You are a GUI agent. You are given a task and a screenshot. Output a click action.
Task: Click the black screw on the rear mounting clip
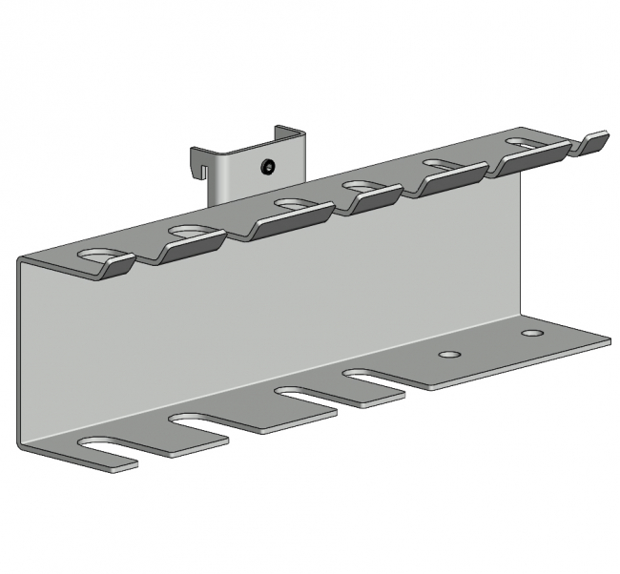tap(268, 168)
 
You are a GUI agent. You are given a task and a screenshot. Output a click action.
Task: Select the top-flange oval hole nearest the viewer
tap(99, 256)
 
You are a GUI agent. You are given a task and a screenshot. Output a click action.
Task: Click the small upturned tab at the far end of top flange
tap(594, 143)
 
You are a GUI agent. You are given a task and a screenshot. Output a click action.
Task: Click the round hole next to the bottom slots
tap(447, 355)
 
